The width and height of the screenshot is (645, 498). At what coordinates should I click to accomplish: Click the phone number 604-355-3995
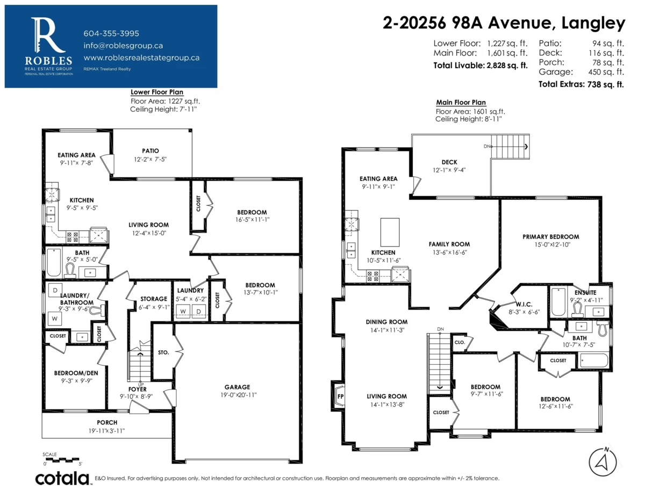pyautogui.click(x=111, y=33)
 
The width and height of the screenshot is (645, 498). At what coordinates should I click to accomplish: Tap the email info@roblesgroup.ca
pyautogui.click(x=123, y=46)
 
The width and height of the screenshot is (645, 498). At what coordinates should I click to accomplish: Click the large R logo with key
pyautogui.click(x=47, y=35)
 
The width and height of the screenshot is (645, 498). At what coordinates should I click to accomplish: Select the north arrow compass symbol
pyautogui.click(x=603, y=462)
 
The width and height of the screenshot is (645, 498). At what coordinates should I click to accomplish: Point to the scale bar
pyautogui.click(x=62, y=460)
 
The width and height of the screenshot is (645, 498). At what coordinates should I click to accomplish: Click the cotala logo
pyautogui.click(x=62, y=478)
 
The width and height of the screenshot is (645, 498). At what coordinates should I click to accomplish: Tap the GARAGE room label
pyautogui.click(x=237, y=387)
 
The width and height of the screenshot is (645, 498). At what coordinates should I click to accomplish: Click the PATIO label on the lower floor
pyautogui.click(x=150, y=150)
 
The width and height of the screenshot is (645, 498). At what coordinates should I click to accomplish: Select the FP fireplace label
pyautogui.click(x=340, y=396)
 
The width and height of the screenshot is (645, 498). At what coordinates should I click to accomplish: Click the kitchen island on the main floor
pyautogui.click(x=390, y=232)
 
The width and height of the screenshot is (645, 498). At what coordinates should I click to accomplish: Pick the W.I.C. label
pyautogui.click(x=524, y=304)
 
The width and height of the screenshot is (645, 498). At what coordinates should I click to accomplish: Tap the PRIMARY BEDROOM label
pyautogui.click(x=550, y=237)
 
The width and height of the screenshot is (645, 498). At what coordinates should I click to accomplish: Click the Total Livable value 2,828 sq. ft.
pyautogui.click(x=507, y=66)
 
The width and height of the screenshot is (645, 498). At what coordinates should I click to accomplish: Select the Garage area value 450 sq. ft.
pyautogui.click(x=606, y=72)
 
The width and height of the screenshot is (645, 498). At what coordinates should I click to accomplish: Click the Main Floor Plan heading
pyautogui.click(x=461, y=102)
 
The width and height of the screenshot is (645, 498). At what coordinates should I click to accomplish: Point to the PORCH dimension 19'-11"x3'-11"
pyautogui.click(x=107, y=431)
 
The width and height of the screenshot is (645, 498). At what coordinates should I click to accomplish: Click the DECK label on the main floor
pyautogui.click(x=449, y=162)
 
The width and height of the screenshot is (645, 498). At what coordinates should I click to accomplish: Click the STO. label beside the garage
pyautogui.click(x=163, y=352)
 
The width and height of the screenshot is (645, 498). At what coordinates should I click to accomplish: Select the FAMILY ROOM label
pyautogui.click(x=449, y=244)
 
